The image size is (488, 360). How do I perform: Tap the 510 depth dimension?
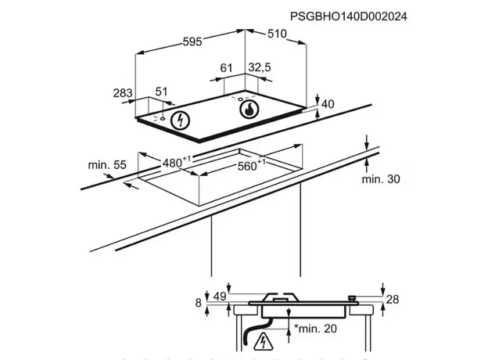pos(277,34)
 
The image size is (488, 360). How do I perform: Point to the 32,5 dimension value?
pos(259,69)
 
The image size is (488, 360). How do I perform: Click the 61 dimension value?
pos(227,69)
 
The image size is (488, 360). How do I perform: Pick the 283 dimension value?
pos(123,93)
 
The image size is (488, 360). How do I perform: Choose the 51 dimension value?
pos(162,92)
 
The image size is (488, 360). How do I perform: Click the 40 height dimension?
pos(328,104)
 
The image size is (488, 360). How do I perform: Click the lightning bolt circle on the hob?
pos(181,121)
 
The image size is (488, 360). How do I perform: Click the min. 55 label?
pos(107,164)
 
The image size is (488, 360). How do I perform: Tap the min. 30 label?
pos(381,179)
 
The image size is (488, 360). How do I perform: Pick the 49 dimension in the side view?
pos(219,296)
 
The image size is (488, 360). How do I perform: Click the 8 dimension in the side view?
pos(199,302)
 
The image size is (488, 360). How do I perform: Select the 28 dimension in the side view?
pos(393,300)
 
